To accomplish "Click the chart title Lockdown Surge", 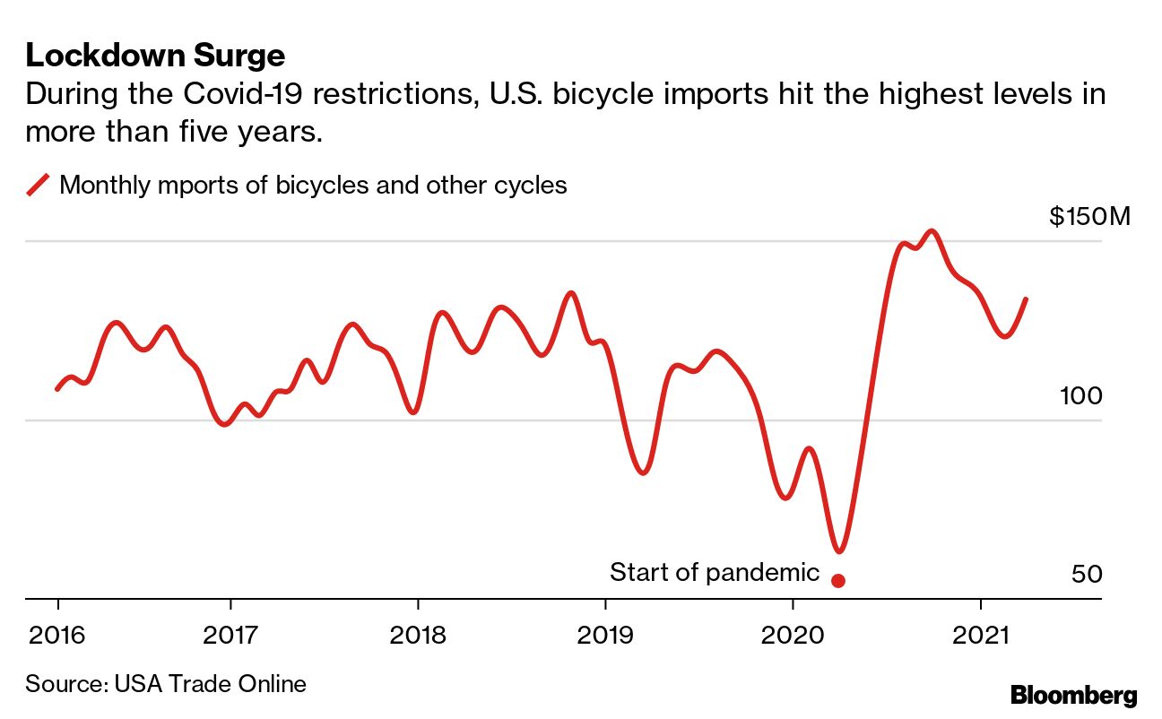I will point(155,56).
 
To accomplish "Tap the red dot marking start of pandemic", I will point(838,580).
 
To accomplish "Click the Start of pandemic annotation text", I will point(715,572).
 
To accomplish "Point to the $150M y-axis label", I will point(1090,217).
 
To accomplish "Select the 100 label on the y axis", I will point(1080,395).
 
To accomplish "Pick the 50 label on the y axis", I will point(1087,574).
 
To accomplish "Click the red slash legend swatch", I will point(38,186).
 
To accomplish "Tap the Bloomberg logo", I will point(1073,695).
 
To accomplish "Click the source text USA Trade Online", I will point(210,684).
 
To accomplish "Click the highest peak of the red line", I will point(932,231).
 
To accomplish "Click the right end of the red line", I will point(1026,299).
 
